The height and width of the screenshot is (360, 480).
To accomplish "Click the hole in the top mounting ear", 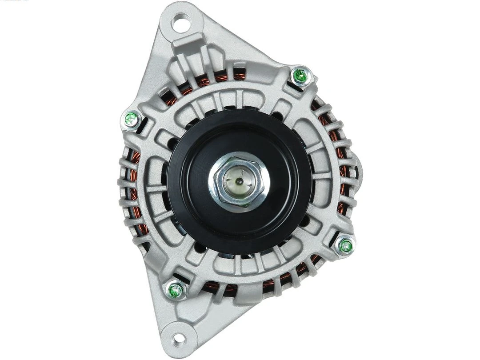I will tap(181, 20).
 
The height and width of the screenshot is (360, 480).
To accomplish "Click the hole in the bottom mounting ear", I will tap(179, 339).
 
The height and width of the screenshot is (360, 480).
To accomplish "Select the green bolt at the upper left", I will tap(131, 119).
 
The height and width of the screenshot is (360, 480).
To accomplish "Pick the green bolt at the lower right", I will tap(345, 245).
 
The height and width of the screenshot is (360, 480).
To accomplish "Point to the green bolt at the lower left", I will tap(176, 290).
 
